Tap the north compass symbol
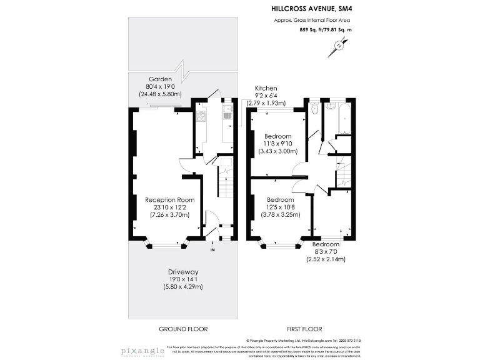coord(339,46)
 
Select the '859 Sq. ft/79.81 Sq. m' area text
coord(326,29)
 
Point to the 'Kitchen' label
coord(266,89)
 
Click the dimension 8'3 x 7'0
coord(326,252)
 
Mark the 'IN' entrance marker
coord(212,250)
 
